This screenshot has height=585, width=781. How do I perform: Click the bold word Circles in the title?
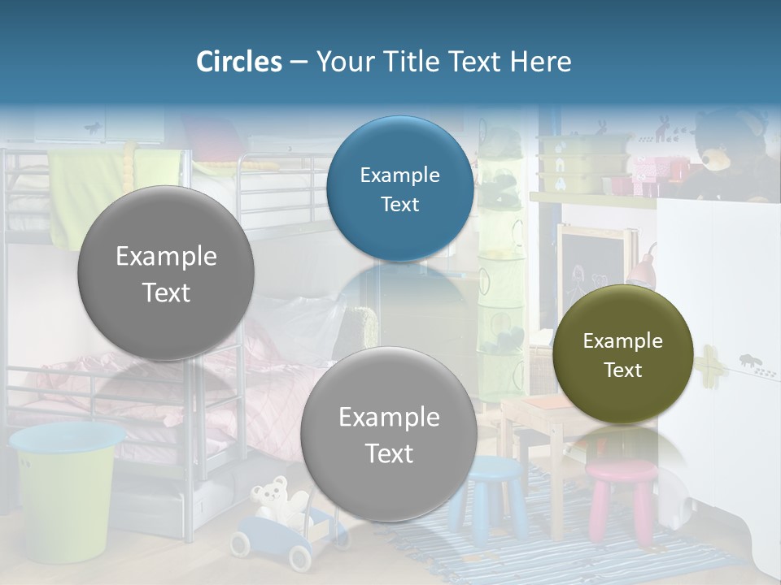tap(238, 62)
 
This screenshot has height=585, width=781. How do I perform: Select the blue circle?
tap(399, 189)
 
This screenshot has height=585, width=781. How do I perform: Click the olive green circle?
tap(622, 355)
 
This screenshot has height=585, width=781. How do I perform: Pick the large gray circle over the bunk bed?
tap(166, 274)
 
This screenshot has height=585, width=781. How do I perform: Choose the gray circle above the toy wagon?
tap(389, 434)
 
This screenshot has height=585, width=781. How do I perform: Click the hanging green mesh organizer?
tap(499, 268)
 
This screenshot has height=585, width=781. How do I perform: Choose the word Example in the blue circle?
tap(399, 175)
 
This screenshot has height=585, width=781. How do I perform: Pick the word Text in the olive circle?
tap(622, 370)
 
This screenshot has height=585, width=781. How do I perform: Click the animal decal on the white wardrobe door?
tap(753, 362)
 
